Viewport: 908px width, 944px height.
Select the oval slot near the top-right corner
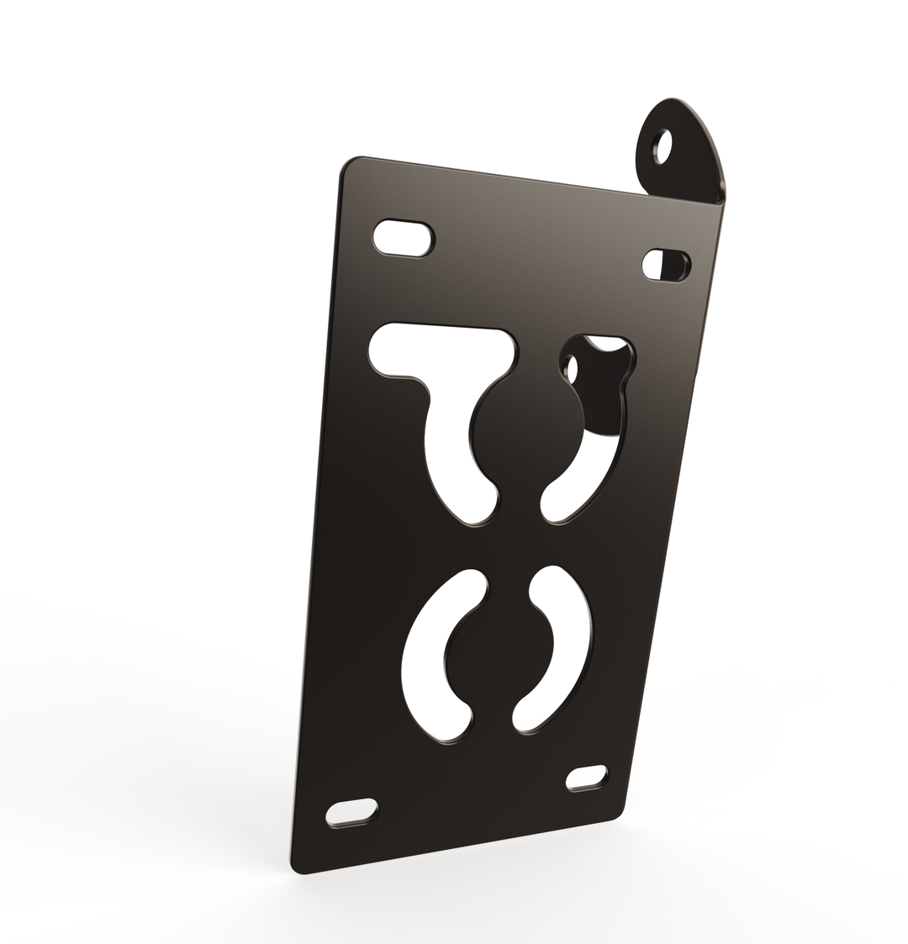[666, 265]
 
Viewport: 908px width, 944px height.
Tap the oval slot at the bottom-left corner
[351, 812]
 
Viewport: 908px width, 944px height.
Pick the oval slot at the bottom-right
[587, 778]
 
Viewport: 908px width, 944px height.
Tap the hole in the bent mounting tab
[664, 148]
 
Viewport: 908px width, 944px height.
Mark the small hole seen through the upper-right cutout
[573, 369]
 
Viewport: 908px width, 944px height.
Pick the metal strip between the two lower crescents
[500, 656]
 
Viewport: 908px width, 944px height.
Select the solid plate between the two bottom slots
[471, 799]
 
